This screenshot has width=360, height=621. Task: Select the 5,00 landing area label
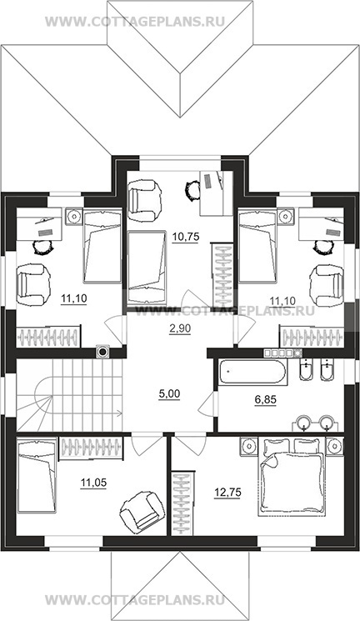[169, 394]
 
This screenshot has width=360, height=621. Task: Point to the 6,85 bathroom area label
[265, 399]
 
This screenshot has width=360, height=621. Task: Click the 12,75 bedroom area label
[227, 493]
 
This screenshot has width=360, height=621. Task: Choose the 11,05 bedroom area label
[93, 483]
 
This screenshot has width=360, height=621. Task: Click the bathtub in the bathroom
[252, 373]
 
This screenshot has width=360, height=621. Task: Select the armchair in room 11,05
[142, 510]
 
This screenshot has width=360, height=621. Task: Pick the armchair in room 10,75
[145, 200]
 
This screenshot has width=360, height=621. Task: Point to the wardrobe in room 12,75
[183, 503]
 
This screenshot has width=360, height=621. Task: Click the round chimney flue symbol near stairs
[102, 351]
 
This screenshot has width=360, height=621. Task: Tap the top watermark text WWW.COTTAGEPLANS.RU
[135, 21]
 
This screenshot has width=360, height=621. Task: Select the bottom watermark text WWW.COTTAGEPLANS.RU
[135, 599]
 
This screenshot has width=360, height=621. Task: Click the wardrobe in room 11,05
[92, 448]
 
